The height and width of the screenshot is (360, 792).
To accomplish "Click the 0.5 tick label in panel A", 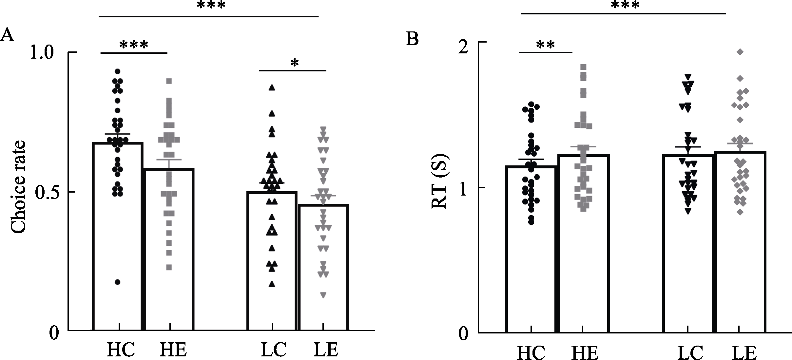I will tap(46, 192).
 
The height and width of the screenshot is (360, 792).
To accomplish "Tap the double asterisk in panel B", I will tap(546, 45).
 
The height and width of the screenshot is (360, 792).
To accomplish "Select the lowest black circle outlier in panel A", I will tap(118, 282).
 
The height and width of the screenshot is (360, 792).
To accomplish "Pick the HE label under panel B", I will tap(585, 353).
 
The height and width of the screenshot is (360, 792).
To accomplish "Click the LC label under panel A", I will tap(274, 350).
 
